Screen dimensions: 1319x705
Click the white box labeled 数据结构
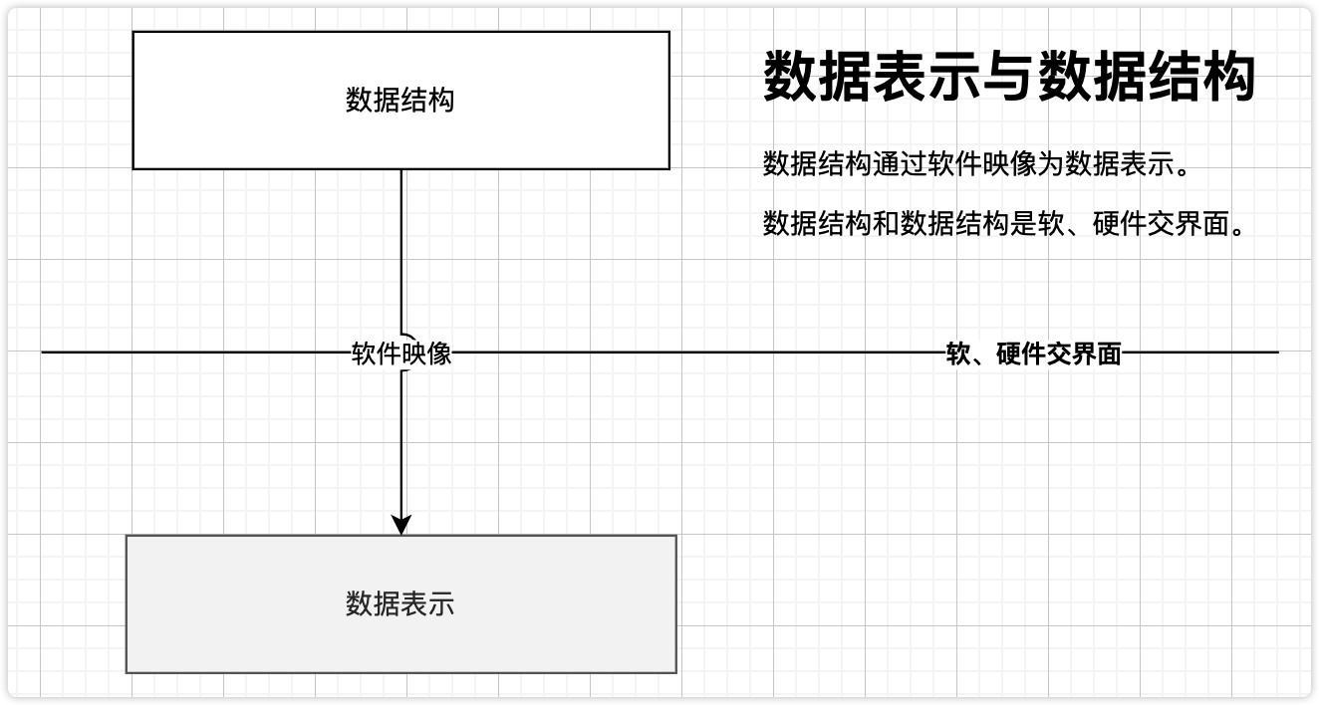(x=400, y=100)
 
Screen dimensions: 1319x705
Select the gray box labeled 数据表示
(x=400, y=603)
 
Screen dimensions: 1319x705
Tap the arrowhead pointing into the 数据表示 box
(x=401, y=524)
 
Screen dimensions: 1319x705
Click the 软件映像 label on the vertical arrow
(x=401, y=353)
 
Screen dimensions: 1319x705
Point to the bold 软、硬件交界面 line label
(x=1033, y=353)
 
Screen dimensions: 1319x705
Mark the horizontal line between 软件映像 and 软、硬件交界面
(x=697, y=352)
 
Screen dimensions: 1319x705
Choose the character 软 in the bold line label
(x=957, y=353)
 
